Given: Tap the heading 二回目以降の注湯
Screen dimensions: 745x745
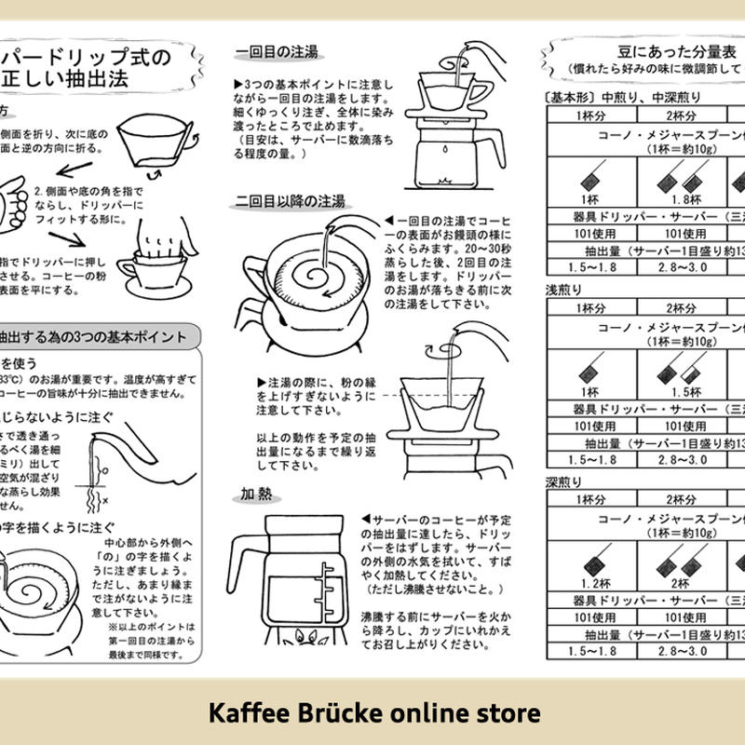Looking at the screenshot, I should pyautogui.click(x=290, y=200).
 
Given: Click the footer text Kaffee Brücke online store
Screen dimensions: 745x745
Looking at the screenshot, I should pyautogui.click(x=372, y=713).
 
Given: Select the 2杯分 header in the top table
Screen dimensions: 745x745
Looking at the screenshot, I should pyautogui.click(x=681, y=115).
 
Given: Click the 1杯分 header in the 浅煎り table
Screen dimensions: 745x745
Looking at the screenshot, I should pyautogui.click(x=592, y=308).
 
